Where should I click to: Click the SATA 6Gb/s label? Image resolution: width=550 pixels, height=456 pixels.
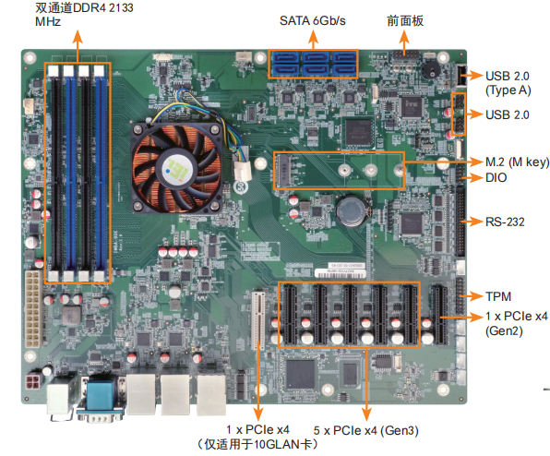pos(312,20)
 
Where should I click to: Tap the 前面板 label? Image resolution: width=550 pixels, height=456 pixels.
pos(405,20)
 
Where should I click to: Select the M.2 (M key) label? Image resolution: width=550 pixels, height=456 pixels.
pos(517,162)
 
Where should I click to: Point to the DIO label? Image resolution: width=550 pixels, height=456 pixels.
pos(496,177)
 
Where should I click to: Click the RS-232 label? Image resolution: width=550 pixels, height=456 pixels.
pos(505,222)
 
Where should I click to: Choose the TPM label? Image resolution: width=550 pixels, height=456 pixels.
pos(498,296)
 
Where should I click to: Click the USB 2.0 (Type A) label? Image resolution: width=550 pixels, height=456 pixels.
pos(508,83)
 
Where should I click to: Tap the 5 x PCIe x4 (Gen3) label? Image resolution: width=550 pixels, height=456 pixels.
pos(365,430)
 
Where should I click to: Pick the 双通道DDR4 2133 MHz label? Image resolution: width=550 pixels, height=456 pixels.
pos(84,15)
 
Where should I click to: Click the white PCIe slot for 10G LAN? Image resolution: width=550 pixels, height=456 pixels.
pos(258,320)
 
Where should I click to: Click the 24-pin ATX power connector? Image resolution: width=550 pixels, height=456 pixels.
pos(32,308)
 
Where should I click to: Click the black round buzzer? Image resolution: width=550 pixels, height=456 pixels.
pos(431,70)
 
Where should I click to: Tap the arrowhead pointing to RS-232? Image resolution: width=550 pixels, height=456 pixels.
pos(477,222)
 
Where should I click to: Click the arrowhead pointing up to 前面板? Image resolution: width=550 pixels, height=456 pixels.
pos(404,36)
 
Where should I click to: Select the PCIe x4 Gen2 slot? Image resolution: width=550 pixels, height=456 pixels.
pos(440,315)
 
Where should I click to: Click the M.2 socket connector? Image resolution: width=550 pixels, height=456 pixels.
pos(284,171)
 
